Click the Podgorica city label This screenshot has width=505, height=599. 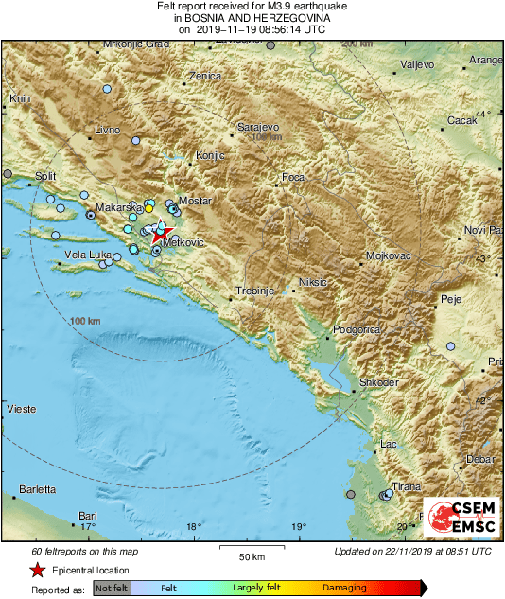(x=357, y=329)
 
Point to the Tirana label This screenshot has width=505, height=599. (x=407, y=485)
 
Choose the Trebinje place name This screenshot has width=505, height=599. (x=254, y=290)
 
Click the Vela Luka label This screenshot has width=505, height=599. (x=88, y=255)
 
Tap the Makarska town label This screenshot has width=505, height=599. (x=118, y=206)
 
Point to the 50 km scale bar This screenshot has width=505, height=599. (x=250, y=548)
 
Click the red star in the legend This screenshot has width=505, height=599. (x=37, y=571)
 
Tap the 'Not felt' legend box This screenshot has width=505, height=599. (x=113, y=588)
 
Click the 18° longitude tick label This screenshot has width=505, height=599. (x=194, y=526)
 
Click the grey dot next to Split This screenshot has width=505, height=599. (x=9, y=174)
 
